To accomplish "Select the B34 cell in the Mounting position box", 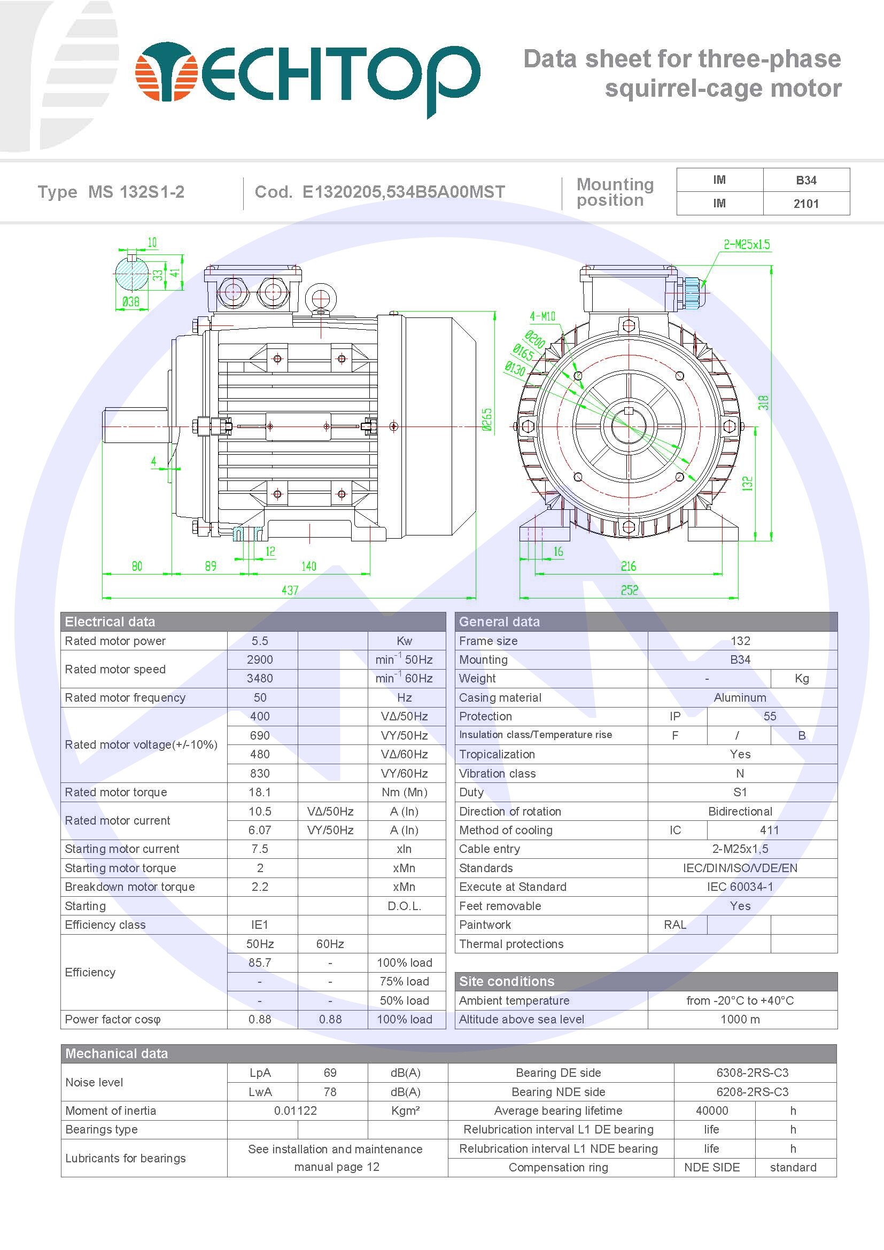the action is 805,180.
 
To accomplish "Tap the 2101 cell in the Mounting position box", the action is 805,204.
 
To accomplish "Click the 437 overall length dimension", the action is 290,590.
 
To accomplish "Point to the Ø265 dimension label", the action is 487,419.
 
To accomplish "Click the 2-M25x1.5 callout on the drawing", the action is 746,244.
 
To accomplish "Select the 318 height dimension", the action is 763,403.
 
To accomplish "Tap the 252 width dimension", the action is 629,590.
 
